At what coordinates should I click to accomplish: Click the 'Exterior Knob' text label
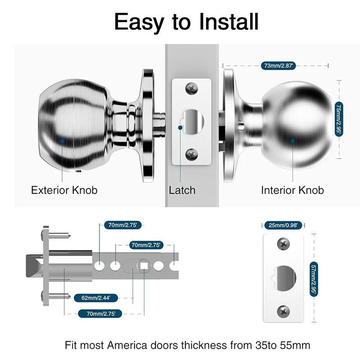[64, 190]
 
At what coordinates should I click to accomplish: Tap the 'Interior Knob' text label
[292, 190]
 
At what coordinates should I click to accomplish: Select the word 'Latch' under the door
[182, 190]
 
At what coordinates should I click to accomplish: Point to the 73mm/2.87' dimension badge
[278, 66]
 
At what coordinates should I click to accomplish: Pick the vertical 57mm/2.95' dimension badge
[314, 279]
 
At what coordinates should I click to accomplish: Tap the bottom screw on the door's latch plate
[192, 154]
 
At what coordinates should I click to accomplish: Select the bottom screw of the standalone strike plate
[283, 310]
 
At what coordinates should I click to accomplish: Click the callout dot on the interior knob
[292, 140]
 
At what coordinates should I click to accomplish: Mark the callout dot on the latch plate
[180, 127]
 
